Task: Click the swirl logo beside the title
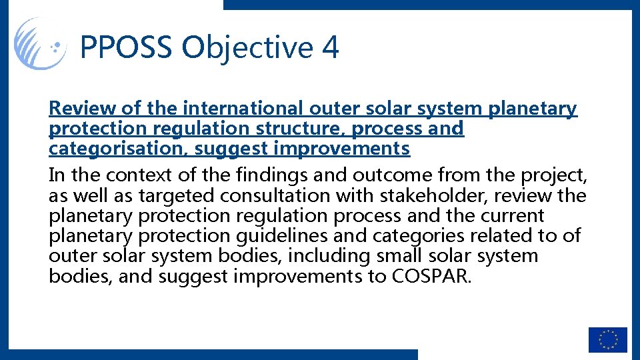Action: click(x=40, y=44)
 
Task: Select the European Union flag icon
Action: click(x=607, y=339)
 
